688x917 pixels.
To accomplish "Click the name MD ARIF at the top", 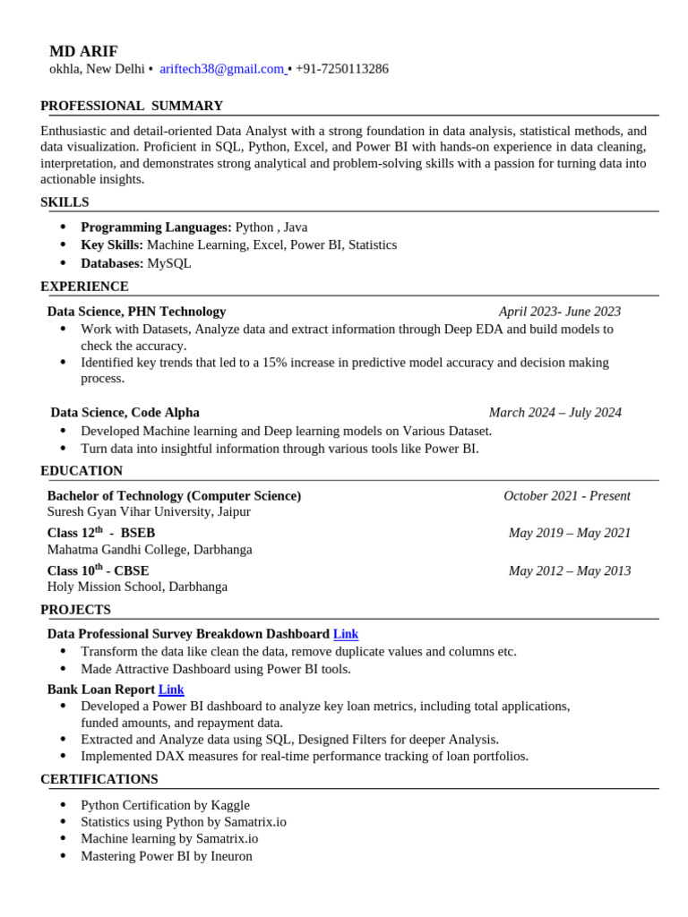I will [83, 51].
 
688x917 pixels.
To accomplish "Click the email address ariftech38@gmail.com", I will [221, 69].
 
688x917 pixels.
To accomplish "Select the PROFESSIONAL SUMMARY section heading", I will [132, 106].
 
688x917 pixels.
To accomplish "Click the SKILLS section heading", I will [64, 202].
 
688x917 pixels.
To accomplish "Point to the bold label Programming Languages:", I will [156, 227].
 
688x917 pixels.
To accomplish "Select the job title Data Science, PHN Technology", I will [136, 312].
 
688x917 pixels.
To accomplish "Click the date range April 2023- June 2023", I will [559, 312].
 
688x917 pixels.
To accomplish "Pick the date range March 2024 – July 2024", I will [555, 413].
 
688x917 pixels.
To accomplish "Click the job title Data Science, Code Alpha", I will [125, 413].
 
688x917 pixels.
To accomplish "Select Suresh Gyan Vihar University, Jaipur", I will [149, 512].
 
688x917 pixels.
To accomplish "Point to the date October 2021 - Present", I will [566, 496].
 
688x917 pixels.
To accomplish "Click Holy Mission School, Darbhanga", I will [137, 587].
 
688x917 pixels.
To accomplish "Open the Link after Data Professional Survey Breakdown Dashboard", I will [346, 634].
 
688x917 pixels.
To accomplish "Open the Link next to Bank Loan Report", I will [171, 690].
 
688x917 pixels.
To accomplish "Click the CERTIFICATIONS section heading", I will [99, 779].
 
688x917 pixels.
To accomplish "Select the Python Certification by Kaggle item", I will [165, 805].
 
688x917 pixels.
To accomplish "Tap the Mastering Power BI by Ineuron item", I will [167, 856].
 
